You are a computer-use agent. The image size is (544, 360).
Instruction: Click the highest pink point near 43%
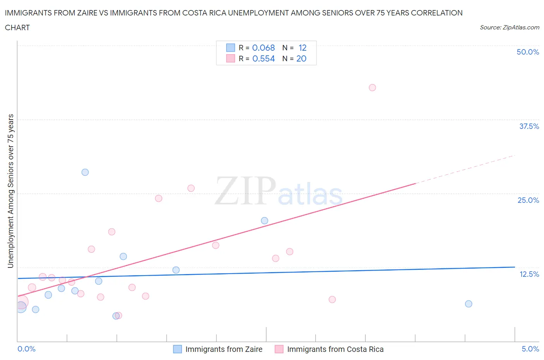[372, 87]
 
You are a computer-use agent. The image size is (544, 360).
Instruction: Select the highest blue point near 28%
[85, 172]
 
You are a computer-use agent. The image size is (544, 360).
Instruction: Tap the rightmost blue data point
[469, 304]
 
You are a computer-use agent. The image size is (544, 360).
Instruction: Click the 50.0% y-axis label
[528, 52]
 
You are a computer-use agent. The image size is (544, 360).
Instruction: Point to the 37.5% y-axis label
[529, 126]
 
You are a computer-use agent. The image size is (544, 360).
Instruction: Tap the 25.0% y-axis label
[528, 200]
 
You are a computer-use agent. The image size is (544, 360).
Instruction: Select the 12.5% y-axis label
[529, 274]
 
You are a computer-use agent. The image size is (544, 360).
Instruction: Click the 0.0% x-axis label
[26, 349]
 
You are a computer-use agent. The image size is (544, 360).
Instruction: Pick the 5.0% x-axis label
[530, 349]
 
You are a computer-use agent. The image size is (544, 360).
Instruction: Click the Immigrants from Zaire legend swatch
[178, 349]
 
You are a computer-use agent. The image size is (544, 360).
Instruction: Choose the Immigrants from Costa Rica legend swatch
[279, 349]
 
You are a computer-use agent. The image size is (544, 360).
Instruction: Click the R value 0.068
[263, 48]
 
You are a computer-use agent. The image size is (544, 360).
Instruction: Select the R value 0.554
[263, 58]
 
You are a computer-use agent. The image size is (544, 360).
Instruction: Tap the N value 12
[303, 48]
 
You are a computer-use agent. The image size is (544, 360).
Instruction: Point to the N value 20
[301, 58]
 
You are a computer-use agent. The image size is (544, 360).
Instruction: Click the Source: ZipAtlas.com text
[509, 27]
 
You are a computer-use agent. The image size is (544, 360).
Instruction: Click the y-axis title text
[11, 191]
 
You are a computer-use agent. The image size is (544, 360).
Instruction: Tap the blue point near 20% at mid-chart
[265, 221]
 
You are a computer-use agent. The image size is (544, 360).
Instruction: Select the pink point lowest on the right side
[332, 299]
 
